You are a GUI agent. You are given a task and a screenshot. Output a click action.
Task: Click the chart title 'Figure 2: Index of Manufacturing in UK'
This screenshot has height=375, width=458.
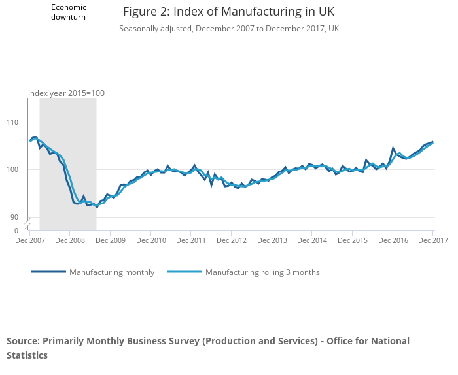click(x=228, y=12)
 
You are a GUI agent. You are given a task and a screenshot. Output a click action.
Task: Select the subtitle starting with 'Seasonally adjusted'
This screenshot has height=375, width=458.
click(x=228, y=29)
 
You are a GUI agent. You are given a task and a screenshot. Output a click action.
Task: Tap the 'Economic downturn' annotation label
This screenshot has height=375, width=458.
click(x=69, y=12)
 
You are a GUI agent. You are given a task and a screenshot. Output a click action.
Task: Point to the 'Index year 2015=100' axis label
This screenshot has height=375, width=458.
click(x=66, y=93)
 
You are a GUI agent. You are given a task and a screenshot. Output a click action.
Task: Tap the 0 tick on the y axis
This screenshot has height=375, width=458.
click(x=17, y=231)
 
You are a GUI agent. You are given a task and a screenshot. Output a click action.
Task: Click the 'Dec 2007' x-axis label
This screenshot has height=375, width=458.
click(x=29, y=241)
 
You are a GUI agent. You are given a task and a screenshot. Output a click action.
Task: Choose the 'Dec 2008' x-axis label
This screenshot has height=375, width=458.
click(x=70, y=241)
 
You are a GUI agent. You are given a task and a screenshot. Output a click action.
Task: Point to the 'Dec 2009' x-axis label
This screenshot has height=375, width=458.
click(x=110, y=241)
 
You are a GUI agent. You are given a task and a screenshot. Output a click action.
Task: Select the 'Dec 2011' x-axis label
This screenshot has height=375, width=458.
click(x=190, y=241)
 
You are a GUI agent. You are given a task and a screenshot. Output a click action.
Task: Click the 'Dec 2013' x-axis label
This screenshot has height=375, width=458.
click(x=272, y=241)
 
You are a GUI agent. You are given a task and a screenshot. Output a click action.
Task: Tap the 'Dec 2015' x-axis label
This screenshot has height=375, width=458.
click(x=352, y=241)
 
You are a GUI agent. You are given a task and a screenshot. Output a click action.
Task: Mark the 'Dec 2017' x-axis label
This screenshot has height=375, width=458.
click(x=432, y=241)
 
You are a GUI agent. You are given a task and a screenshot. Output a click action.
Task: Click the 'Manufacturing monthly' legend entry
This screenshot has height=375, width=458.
click(x=111, y=272)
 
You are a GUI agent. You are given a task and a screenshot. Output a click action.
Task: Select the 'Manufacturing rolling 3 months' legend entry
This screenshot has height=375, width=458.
click(x=262, y=272)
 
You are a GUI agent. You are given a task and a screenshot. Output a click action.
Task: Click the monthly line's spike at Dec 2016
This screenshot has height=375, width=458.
click(x=393, y=148)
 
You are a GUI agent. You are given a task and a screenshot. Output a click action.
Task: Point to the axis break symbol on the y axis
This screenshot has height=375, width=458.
click(x=28, y=224)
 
